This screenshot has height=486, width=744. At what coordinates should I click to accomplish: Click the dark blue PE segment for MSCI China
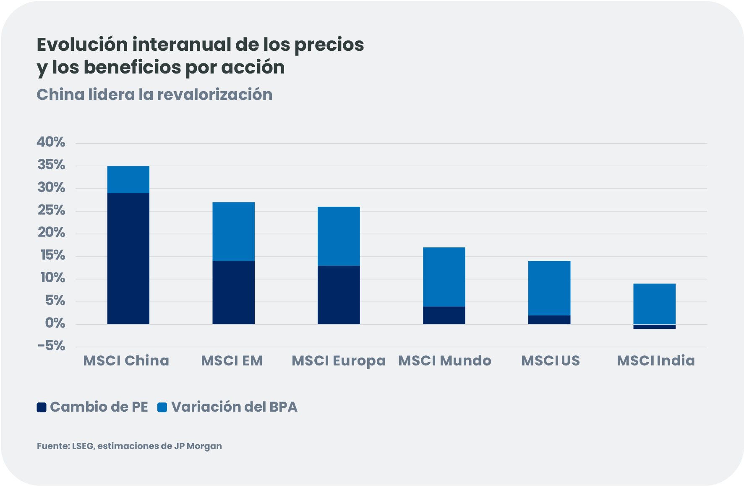coord(128,258)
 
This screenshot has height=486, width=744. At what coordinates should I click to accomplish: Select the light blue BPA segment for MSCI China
coord(128,179)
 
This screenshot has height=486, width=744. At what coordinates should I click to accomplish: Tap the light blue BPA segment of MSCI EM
coord(233,231)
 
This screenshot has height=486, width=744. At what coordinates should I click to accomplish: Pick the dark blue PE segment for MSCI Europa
coord(339,295)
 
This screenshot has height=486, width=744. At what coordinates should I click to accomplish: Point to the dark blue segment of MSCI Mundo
coord(444,315)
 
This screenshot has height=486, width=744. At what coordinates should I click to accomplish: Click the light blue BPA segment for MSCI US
coord(549,288)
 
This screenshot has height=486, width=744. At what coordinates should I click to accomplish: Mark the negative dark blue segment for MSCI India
coord(654,327)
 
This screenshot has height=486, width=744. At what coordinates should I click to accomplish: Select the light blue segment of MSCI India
coord(654,304)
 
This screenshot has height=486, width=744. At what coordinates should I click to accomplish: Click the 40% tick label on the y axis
coord(51,142)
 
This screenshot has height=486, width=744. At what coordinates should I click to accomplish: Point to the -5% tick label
coord(51,347)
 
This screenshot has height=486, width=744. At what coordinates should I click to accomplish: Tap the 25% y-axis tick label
coord(51,210)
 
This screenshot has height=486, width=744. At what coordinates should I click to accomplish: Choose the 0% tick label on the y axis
coord(55,323)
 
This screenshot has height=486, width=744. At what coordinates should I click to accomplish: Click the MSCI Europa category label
coord(338,361)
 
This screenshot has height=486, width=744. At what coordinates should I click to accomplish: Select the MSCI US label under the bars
coord(550,361)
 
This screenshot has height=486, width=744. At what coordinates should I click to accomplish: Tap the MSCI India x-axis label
coord(655,361)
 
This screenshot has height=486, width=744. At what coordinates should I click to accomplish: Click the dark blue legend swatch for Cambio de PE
coord(42,407)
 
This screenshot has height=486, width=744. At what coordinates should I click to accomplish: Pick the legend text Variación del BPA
coord(234,407)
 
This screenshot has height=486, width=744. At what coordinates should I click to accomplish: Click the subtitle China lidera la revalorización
coord(154,95)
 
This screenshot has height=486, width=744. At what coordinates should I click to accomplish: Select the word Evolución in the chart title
coord(82,45)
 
